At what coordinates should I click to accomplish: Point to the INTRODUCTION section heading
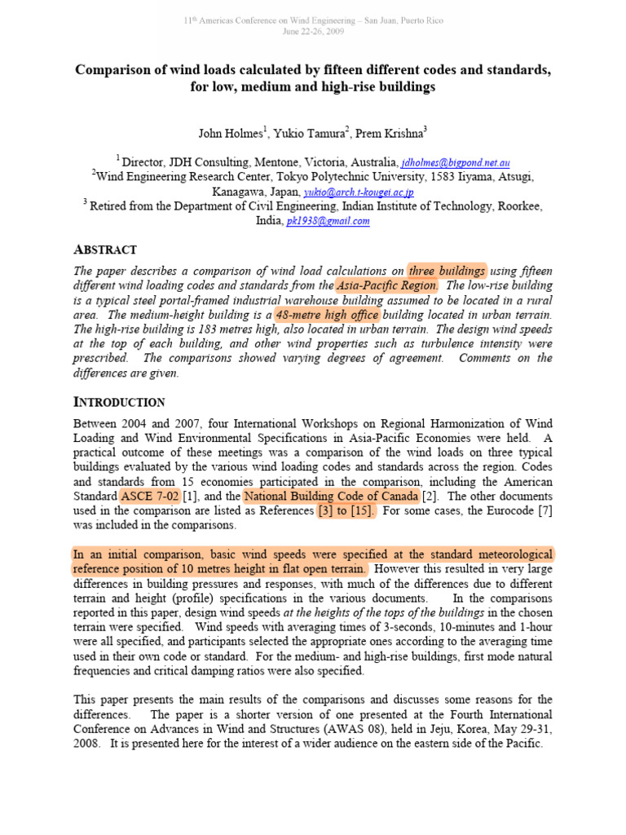(119, 402)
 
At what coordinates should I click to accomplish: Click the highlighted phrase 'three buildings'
(447, 271)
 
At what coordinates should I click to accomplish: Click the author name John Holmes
(227, 133)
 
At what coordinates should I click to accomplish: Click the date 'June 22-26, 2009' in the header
(313, 31)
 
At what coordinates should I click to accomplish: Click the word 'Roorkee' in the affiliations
(516, 207)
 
